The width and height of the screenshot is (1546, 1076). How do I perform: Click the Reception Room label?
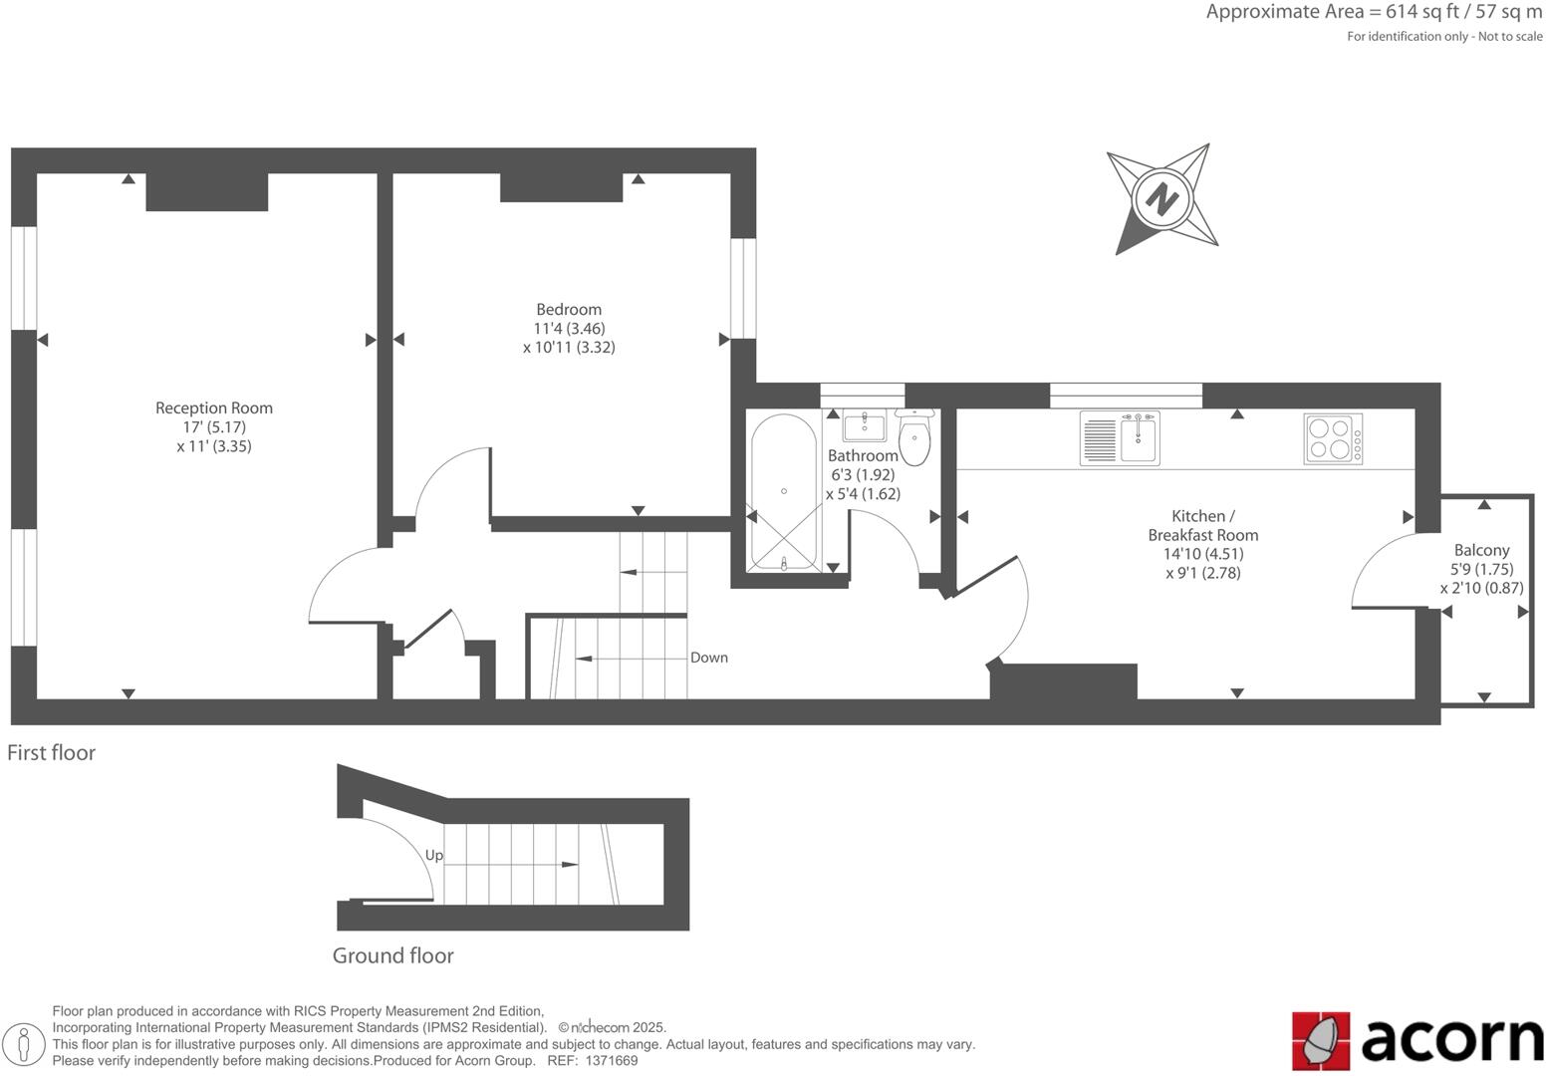coord(213,407)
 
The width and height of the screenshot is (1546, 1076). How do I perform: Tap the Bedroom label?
coord(568,309)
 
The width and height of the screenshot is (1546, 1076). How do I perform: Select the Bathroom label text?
coord(863,455)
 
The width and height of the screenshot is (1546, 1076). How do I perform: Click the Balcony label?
coord(1481,550)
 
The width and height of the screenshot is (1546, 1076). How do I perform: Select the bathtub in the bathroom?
coord(784,492)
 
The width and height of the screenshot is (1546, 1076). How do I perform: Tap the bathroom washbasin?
coord(864,426)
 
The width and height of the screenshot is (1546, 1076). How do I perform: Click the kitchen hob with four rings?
coord(1333,438)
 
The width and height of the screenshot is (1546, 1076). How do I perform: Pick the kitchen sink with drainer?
coord(1120,439)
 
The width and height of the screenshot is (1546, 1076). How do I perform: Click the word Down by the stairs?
coord(709,658)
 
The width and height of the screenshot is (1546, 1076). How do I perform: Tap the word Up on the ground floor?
coord(434,855)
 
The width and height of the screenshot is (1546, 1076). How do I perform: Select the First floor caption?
coord(52,752)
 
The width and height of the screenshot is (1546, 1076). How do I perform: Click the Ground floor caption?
coord(392,955)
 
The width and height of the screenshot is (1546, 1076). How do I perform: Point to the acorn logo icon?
coord(1321,1041)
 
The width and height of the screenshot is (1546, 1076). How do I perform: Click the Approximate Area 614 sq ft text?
coord(1374,12)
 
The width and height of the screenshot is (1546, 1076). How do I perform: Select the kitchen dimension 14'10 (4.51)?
coord(1203,554)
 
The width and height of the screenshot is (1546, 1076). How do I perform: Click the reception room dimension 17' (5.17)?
coord(213,426)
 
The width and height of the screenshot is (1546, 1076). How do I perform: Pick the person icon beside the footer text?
coord(25,1045)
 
